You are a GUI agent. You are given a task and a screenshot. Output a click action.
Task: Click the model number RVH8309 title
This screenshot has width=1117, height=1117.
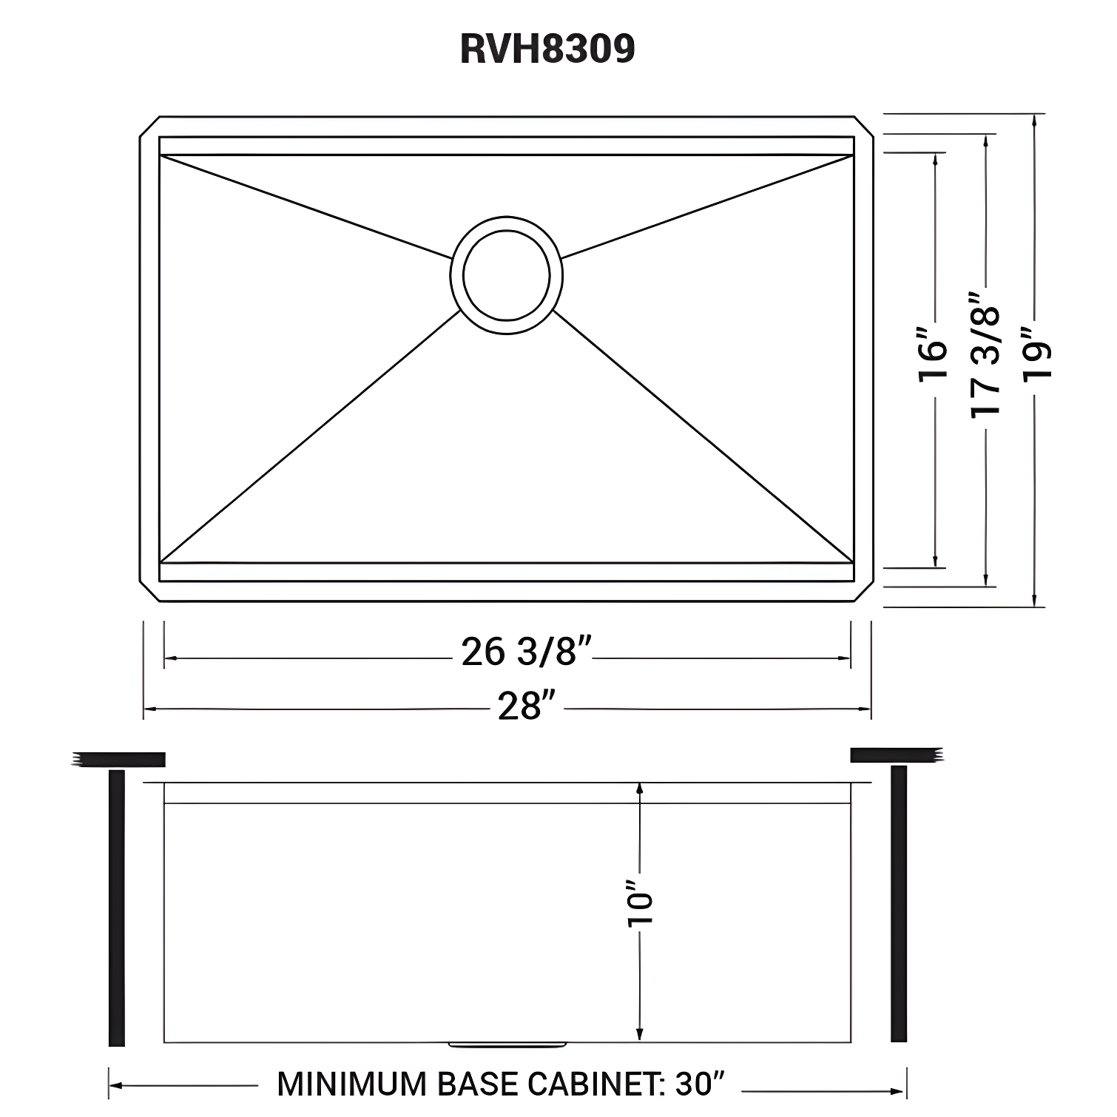tap(547, 50)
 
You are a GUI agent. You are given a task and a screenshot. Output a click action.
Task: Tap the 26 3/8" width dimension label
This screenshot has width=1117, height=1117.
tap(526, 652)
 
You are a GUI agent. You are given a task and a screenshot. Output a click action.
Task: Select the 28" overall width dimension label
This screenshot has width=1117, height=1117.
tap(527, 706)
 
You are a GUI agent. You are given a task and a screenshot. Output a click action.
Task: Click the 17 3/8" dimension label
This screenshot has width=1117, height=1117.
tap(985, 354)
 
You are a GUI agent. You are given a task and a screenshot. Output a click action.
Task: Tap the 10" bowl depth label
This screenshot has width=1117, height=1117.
tap(641, 902)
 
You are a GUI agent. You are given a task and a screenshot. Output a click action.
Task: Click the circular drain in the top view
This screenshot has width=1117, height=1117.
tap(507, 274)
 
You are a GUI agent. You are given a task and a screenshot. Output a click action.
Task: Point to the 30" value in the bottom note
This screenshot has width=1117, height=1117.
tap(699, 1084)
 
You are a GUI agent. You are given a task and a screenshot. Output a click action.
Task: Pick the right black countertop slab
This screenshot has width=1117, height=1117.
tap(896, 755)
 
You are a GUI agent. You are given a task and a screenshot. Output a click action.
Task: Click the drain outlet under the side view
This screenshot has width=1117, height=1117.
tap(507, 1045)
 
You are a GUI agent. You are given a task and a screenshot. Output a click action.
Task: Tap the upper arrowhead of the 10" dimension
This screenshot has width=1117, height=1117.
tap(640, 790)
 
